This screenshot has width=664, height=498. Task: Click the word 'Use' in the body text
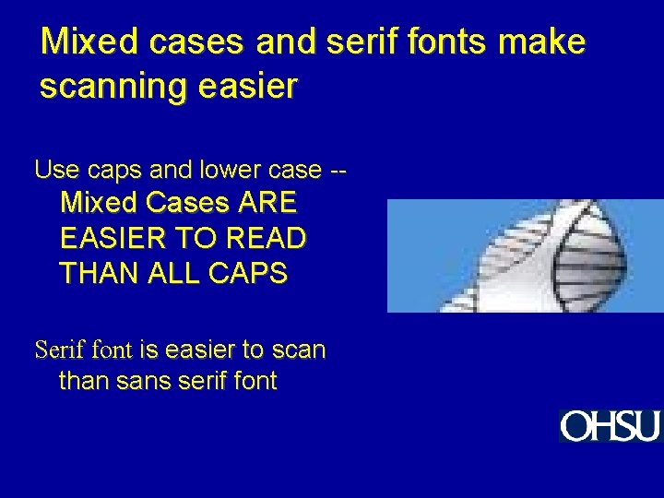pyautogui.click(x=53, y=170)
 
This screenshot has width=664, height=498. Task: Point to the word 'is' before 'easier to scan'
pyautogui.click(x=149, y=350)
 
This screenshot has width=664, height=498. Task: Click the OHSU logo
pyautogui.click(x=611, y=426)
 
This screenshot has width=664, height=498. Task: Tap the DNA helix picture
pyautogui.click(x=525, y=255)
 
